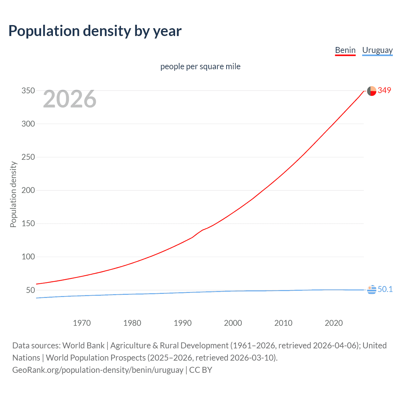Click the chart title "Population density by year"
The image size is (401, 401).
pos(95,31)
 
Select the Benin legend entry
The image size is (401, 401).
pos(345,50)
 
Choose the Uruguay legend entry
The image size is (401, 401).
pos(377,50)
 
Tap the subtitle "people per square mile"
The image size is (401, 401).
pos(200,66)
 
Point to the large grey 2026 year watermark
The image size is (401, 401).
pos(70,99)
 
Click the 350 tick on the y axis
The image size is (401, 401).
pos(28,91)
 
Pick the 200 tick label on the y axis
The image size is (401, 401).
pos(28,190)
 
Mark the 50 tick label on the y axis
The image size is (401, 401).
pos(30,290)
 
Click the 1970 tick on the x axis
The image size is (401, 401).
pos(82,323)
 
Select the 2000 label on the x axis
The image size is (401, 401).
pos(233,323)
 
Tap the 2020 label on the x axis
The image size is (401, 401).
pos(334,323)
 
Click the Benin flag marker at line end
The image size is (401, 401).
pos(372,91)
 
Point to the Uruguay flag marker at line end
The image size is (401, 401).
pos(372,290)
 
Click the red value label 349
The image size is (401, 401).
pos(384,90)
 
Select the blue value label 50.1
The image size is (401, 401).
pos(385,289)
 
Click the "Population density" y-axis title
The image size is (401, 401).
pos(13,194)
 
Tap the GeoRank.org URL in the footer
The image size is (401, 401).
pos(98,370)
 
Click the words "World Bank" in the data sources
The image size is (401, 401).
pos(83,346)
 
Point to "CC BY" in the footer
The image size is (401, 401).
pos(200,370)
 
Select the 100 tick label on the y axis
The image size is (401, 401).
pos(28,257)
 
